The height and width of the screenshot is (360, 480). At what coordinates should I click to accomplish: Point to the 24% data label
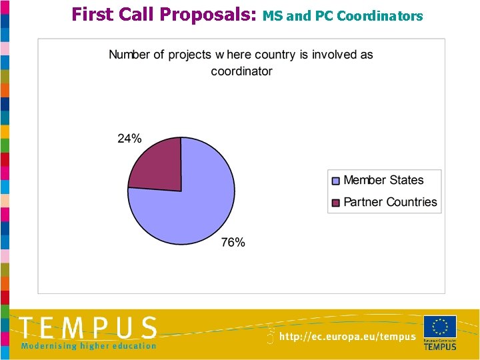(x=129, y=139)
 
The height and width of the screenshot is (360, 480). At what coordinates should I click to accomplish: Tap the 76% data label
(x=233, y=243)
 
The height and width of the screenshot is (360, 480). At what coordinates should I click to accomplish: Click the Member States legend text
(x=383, y=180)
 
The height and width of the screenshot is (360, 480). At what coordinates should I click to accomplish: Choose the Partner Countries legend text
(x=390, y=202)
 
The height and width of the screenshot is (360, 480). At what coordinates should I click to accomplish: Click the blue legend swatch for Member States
(x=336, y=180)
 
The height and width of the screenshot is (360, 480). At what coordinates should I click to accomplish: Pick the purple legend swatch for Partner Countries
(x=336, y=202)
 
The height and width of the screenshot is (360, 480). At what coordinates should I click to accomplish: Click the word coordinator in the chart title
(x=241, y=71)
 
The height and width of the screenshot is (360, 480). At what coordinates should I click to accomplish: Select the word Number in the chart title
(x=129, y=55)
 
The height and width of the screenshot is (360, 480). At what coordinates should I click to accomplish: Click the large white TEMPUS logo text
(x=88, y=328)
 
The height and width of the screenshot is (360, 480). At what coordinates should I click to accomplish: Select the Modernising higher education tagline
(x=88, y=345)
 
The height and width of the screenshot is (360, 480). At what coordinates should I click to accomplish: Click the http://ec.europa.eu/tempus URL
(x=347, y=337)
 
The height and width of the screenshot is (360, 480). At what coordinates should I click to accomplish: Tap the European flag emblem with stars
(x=440, y=327)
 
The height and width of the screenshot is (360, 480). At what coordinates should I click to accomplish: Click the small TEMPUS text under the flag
(x=440, y=347)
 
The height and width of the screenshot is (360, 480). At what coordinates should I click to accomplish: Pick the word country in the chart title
(x=269, y=55)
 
